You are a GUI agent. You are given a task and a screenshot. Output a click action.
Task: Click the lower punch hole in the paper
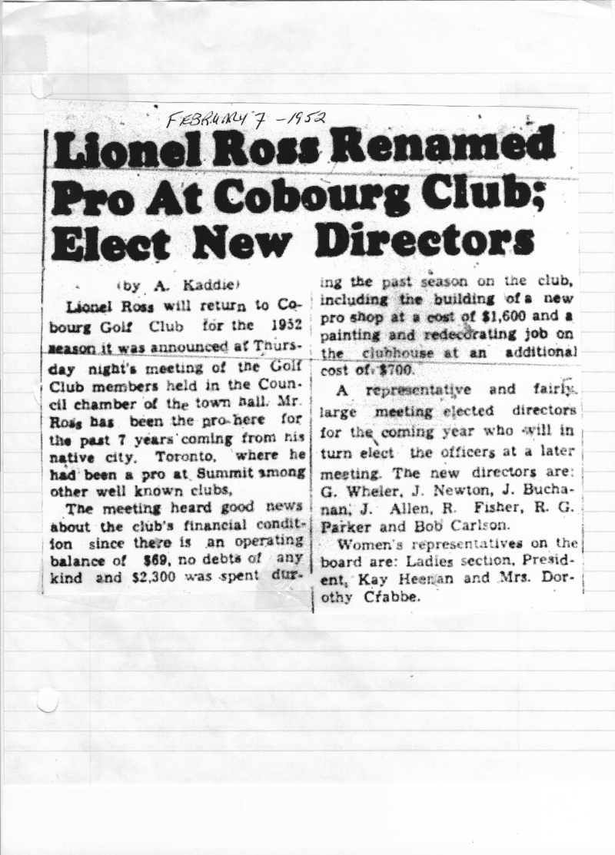(47, 700)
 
